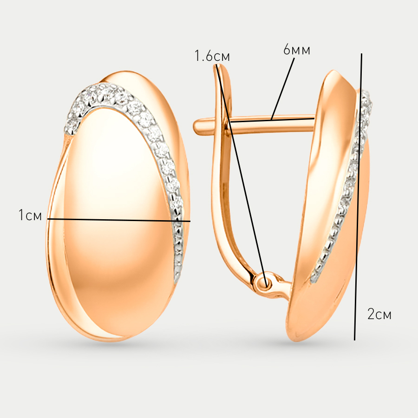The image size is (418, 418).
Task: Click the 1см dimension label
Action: [30, 215]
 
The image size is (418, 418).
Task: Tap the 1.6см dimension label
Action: [212, 56]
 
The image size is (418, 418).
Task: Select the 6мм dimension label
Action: [297, 50]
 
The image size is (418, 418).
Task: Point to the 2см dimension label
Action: [379, 314]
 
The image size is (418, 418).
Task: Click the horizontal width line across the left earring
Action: [119, 220]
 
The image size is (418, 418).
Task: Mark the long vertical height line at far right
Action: [358, 197]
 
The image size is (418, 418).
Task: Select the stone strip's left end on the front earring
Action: [69, 129]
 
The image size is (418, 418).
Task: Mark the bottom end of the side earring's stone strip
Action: [314, 280]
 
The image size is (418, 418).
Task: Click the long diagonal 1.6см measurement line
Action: [242, 176]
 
